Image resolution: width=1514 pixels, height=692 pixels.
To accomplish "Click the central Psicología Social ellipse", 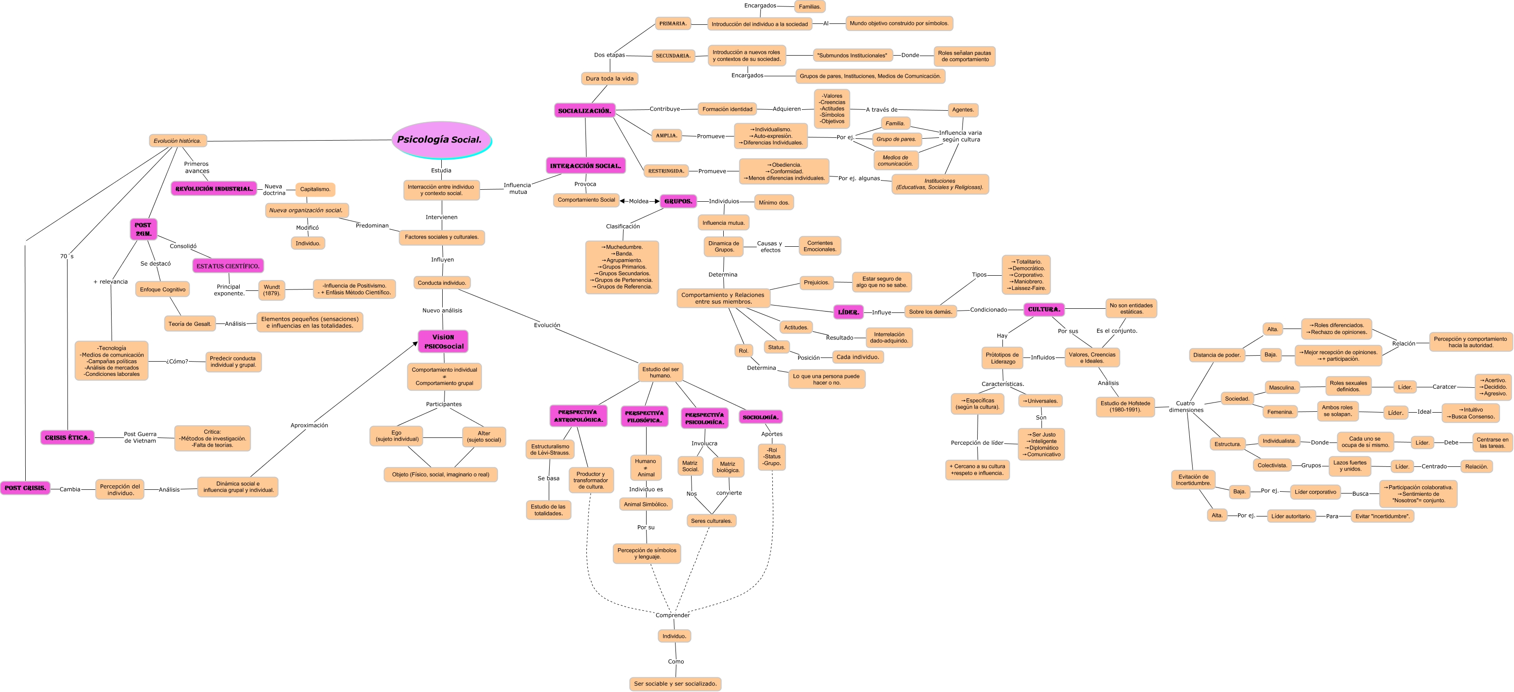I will (x=441, y=140).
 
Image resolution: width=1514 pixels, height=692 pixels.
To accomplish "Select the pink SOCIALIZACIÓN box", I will (x=584, y=111).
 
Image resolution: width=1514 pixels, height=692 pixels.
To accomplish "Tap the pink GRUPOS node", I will (x=678, y=201).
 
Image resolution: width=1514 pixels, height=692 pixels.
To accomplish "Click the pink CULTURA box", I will (x=1044, y=309).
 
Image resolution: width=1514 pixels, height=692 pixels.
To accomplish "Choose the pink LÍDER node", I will (x=848, y=312).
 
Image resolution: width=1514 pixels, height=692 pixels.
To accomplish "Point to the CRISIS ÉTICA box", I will (x=67, y=437).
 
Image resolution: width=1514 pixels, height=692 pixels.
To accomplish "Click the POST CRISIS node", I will (x=25, y=488).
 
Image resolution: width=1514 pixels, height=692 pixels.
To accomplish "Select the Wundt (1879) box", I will (x=271, y=290).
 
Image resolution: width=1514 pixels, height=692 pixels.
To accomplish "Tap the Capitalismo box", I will (x=315, y=189).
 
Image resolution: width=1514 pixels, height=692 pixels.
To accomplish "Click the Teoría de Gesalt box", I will (x=189, y=324).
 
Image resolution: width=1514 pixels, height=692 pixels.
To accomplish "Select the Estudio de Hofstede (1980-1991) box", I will (x=1125, y=407).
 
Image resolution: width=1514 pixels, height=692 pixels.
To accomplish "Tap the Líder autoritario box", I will (x=1291, y=516).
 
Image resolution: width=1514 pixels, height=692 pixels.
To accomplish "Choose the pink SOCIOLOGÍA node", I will (x=760, y=417).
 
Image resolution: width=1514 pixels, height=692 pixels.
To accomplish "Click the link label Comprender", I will (x=672, y=615).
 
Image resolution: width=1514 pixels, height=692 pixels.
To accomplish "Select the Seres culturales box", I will (x=711, y=521).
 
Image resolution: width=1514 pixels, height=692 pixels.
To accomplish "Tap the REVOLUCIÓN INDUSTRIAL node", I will (x=214, y=189).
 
